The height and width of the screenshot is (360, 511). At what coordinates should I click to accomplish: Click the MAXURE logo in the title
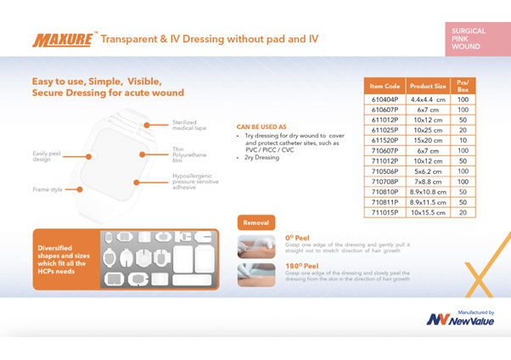pyautogui.click(x=64, y=39)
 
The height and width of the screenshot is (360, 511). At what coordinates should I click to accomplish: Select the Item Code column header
pyautogui.click(x=385, y=86)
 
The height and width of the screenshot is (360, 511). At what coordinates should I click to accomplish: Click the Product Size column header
pyautogui.click(x=427, y=86)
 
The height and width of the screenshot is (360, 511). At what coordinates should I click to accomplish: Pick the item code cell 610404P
pyautogui.click(x=385, y=99)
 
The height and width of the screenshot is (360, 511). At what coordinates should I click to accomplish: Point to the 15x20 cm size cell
pyautogui.click(x=427, y=140)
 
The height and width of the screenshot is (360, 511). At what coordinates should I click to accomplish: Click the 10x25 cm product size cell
pyautogui.click(x=427, y=130)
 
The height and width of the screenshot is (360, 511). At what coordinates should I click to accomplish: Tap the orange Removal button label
pyautogui.click(x=255, y=222)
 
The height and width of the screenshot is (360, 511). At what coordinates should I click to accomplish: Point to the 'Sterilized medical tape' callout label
pyautogui.click(x=189, y=126)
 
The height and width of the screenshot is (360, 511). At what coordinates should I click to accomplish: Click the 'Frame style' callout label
pyautogui.click(x=48, y=189)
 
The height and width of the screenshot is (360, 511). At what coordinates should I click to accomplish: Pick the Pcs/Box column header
pyautogui.click(x=463, y=86)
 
